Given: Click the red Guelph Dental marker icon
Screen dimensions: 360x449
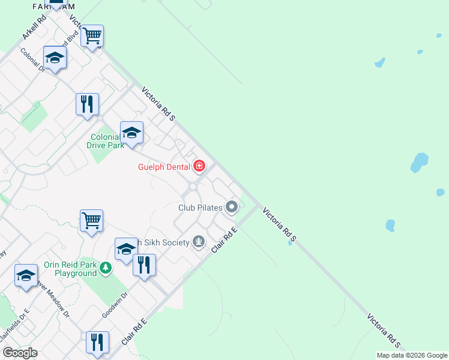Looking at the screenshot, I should (x=199, y=166).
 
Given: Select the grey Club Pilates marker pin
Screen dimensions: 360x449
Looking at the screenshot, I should (x=232, y=208).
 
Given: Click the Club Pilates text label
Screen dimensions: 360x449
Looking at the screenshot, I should (x=200, y=208).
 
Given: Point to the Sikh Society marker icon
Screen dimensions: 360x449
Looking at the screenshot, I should (x=199, y=242).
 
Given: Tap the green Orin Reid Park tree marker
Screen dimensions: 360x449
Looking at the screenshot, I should (x=106, y=267).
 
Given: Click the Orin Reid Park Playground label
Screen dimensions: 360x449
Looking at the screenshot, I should (x=70, y=269).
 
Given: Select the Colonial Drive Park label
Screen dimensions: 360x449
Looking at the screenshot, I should (x=107, y=141).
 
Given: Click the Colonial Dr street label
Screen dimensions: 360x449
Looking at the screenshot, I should (x=33, y=60).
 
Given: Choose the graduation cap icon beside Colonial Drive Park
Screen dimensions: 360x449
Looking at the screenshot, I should (x=131, y=132).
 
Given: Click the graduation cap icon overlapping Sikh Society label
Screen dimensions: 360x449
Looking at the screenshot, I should (x=125, y=248).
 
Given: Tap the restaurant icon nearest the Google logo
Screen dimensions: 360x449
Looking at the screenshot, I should (x=97, y=342).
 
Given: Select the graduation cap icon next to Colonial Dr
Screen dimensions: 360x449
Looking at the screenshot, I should (x=55, y=58).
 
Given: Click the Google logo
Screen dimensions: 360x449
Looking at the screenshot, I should (x=20, y=353).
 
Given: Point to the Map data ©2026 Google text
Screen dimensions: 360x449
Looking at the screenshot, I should (x=412, y=355).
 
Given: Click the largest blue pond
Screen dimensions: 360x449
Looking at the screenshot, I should (x=419, y=162).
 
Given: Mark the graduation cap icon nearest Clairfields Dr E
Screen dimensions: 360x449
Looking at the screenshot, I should (x=26, y=275).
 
